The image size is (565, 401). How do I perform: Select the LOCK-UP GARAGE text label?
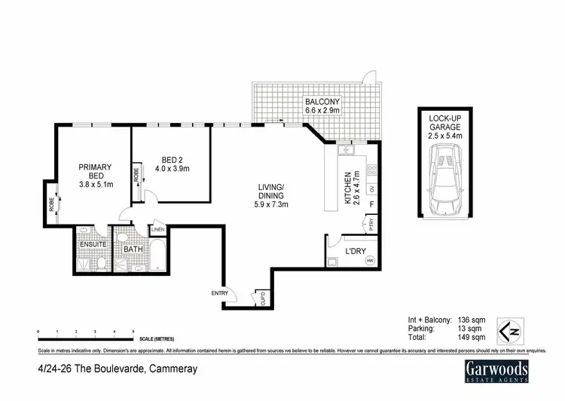click(444, 126)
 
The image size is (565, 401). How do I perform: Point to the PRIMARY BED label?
click(96, 172)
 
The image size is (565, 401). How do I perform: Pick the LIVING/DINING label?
click(270, 195)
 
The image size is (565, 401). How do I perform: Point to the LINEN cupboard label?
click(157, 229)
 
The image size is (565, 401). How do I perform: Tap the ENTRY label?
click(220, 292)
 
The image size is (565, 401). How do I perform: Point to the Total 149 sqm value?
click(464, 339)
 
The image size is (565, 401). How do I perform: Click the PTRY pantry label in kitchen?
click(370, 224)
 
